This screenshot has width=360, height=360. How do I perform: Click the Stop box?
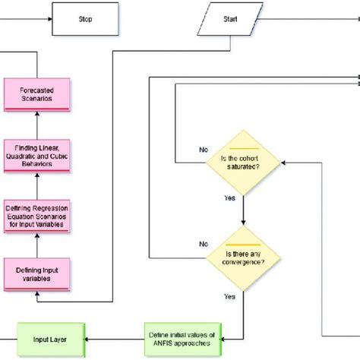pos(86,19)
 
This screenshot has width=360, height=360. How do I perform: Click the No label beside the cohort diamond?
pos(203,150)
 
